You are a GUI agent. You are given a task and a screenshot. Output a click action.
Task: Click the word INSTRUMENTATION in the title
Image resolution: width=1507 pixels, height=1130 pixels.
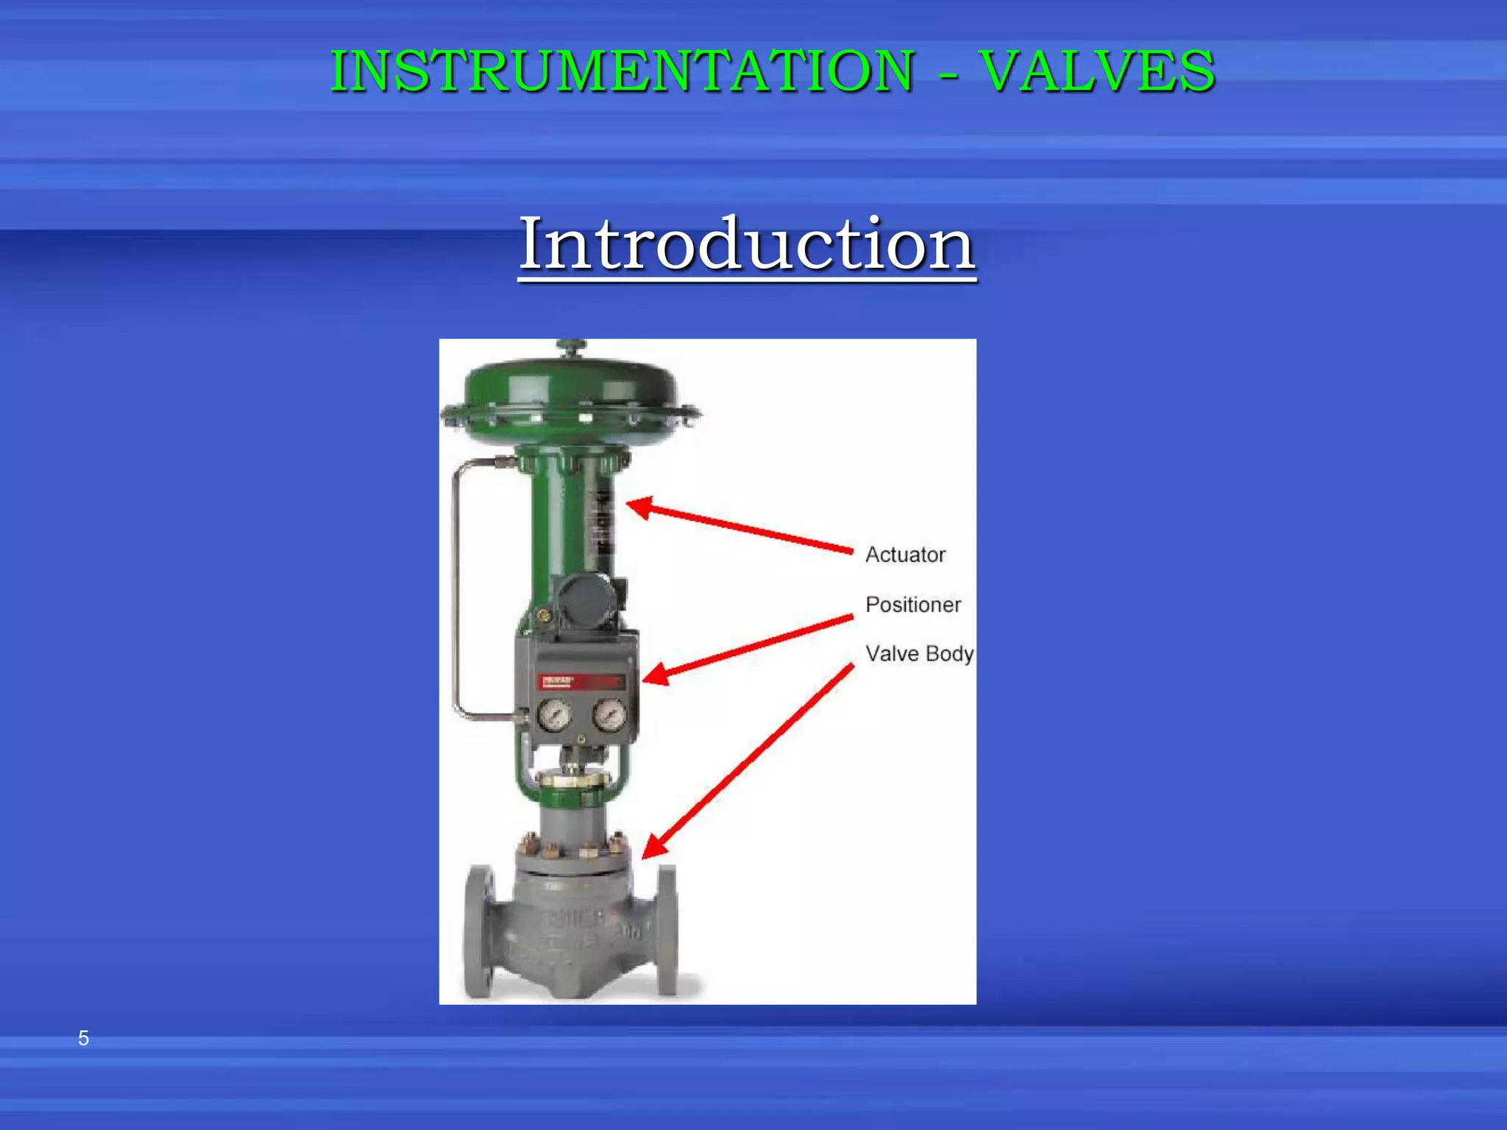coord(623,71)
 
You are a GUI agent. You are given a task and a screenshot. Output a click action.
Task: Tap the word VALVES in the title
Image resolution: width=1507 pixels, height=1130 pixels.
coord(1098,71)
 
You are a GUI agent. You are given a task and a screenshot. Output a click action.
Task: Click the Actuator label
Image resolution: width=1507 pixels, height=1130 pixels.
coord(905,555)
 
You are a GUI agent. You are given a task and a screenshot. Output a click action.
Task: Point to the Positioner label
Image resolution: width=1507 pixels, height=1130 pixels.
coord(913,605)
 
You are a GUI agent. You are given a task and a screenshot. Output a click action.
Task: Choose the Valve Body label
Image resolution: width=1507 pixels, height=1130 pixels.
coord(919,653)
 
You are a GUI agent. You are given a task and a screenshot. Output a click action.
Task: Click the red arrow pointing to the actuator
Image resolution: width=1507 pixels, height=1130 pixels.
coord(740,525)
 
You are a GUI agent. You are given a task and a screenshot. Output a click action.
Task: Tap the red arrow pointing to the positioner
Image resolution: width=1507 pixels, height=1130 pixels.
coord(747,647)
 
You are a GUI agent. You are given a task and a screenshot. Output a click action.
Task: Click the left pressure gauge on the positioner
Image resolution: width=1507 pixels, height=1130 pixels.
coord(554,714)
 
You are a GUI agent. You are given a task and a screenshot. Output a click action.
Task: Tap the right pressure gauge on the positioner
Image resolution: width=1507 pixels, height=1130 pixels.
coord(609,714)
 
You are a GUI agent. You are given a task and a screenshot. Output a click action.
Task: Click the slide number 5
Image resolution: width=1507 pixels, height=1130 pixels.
coord(84,1038)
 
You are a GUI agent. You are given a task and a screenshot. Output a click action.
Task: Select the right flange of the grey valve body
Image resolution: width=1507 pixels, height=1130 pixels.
coord(667,931)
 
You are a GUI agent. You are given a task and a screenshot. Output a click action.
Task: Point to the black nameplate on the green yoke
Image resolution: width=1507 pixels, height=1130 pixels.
coord(603,522)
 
